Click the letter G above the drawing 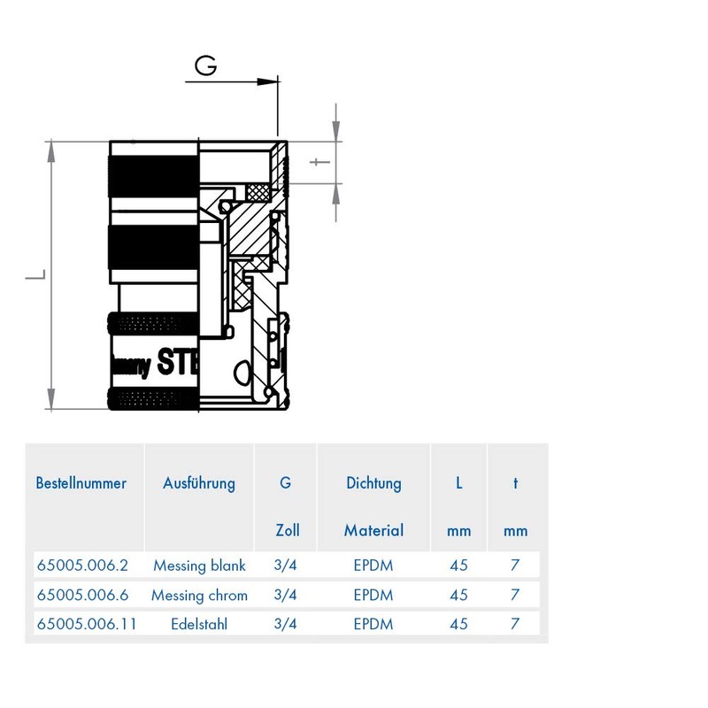pos(206,66)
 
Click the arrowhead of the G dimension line pos(269,81)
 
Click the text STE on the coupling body pos(177,361)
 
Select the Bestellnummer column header pos(81,483)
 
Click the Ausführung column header pos(199,483)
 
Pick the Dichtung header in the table pos(373,483)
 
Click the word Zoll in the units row pos(288,530)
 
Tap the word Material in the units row pos(373,530)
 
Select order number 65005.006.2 pos(82,565)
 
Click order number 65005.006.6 pos(82,595)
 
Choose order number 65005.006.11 pos(86,624)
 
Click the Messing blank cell pos(199,565)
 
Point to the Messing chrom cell pos(199,595)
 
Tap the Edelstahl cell pos(199,624)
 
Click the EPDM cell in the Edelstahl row pos(373,624)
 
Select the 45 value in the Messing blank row pos(458,565)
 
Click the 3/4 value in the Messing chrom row pos(285,595)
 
